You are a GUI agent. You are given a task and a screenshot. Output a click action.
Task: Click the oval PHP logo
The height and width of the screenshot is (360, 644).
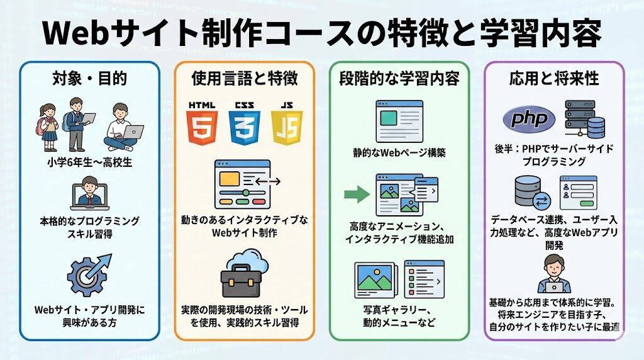coord(529,119)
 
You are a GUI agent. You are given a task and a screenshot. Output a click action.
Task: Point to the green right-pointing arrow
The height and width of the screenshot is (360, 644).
coord(357,194)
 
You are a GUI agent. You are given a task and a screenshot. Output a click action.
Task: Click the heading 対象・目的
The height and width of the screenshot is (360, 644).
coord(89,78)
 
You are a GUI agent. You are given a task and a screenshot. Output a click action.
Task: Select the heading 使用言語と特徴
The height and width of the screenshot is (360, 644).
coord(245,78)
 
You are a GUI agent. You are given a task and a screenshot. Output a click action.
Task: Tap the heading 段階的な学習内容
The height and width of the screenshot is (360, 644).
coord(399,78)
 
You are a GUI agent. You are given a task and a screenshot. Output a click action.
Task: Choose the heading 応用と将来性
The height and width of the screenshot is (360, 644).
coord(554,78)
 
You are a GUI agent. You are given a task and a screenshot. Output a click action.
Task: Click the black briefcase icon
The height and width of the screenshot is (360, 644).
coord(241,281)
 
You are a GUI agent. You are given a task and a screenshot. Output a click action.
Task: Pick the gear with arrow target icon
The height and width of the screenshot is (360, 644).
coord(89,275)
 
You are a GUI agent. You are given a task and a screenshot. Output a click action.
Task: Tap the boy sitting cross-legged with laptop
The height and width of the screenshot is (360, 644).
coord(123,127)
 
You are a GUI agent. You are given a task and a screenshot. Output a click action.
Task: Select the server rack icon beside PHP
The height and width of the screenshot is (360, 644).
coord(584,119)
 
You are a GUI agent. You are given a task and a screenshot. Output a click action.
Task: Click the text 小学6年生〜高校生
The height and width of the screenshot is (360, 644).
coord(89,162)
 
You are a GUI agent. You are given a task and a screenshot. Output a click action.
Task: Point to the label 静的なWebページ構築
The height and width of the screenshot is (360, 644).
coord(399,153)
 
